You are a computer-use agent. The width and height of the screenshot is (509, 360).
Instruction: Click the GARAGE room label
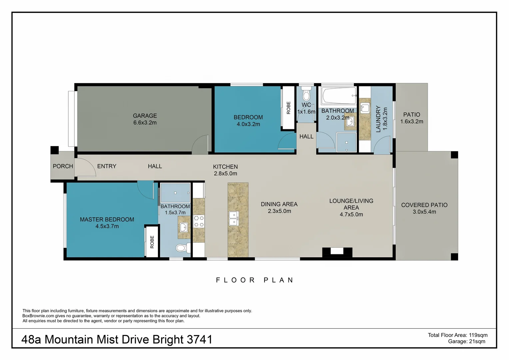pyautogui.click(x=145, y=116)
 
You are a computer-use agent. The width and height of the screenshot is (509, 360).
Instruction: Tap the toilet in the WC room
pyautogui.click(x=306, y=95)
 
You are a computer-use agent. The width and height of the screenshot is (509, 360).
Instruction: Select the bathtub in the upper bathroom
pyautogui.click(x=338, y=96)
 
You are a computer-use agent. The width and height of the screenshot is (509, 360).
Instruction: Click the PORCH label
pyautogui.click(x=63, y=166)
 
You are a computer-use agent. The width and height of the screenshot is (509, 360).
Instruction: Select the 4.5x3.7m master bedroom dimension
pyautogui.click(x=107, y=226)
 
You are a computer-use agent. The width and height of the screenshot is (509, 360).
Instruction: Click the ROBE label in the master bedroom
pyautogui.click(x=152, y=242)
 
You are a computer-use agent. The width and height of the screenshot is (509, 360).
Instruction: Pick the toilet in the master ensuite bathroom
pyautogui.click(x=182, y=248)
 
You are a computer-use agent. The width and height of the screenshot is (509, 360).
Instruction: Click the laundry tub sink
pyautogui.click(x=365, y=108)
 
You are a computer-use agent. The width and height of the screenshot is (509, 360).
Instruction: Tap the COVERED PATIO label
pyautogui.click(x=424, y=205)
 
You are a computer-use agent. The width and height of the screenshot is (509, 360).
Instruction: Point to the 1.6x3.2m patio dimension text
pyautogui.click(x=412, y=121)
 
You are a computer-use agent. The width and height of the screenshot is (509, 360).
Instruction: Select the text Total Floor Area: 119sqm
pyautogui.click(x=457, y=335)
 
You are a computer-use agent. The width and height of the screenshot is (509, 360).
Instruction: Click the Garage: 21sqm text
pyautogui.click(x=466, y=341)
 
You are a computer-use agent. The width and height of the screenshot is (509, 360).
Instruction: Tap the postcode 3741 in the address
pyautogui.click(x=200, y=339)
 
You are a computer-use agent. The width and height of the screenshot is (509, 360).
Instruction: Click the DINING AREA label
pyautogui.click(x=279, y=204)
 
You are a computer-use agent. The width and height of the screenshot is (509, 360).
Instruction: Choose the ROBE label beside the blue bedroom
pyautogui.click(x=288, y=108)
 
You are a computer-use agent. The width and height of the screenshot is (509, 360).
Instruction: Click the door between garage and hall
pyautogui.click(x=201, y=144)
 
